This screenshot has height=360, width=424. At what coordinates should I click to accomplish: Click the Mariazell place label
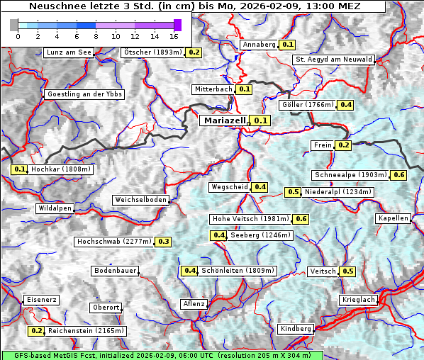(x=224, y=121)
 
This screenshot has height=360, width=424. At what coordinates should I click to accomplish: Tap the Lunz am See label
(x=68, y=52)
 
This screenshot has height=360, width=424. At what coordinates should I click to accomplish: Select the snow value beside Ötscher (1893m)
(x=194, y=52)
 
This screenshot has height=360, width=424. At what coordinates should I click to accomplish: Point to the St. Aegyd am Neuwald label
(x=333, y=60)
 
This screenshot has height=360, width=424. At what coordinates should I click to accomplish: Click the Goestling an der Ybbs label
(x=84, y=94)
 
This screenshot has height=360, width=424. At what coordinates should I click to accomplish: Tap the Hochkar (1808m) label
(x=61, y=170)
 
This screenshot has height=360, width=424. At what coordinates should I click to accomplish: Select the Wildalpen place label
(x=55, y=209)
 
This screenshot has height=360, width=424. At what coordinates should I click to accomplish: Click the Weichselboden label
(x=141, y=201)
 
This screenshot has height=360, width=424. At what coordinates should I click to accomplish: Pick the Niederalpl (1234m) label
(x=337, y=192)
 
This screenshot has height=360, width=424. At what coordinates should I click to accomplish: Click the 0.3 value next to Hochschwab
(x=164, y=242)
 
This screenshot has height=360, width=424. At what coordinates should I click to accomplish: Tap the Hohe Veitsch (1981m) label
(x=251, y=219)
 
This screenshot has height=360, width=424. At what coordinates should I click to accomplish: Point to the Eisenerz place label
(x=41, y=300)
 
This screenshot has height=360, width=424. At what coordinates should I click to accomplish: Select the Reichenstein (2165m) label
(x=86, y=331)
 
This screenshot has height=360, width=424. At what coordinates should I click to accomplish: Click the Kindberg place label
(x=295, y=329)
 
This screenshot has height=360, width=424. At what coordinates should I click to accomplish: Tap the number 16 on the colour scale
(x=173, y=36)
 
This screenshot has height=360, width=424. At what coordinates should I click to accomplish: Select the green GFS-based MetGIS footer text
(x=162, y=355)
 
